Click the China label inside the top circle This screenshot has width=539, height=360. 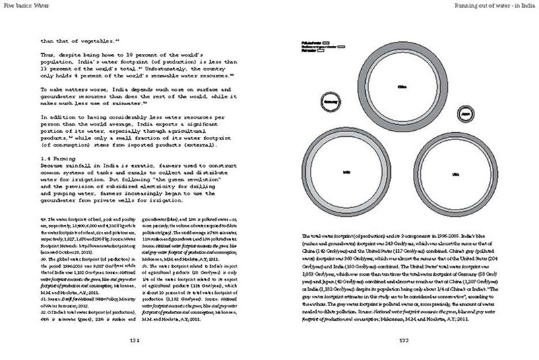click(404, 87)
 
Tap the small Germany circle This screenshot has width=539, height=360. click(331, 103)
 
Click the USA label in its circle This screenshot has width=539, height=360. click(455, 174)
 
